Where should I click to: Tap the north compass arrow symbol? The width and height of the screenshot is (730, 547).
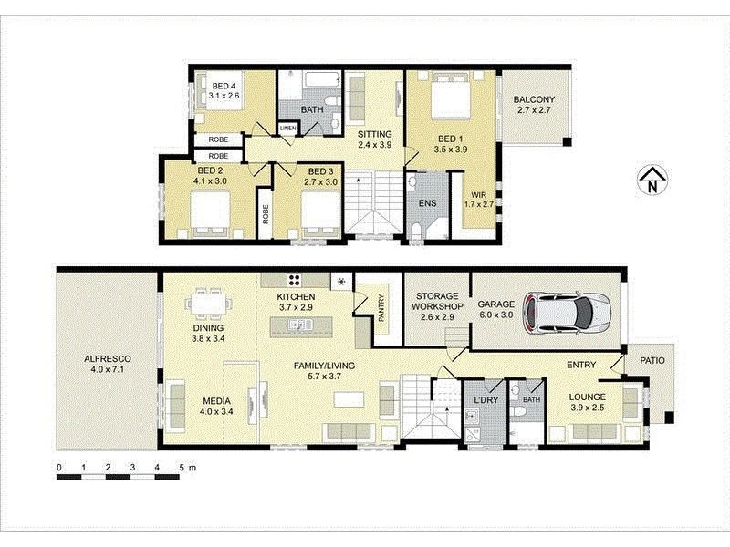pos(649,181)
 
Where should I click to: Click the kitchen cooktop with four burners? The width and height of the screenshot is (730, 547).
pos(296,280)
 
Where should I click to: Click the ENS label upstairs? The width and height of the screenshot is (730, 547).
pos(425,205)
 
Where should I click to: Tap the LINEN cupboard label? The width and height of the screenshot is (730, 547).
pos(287,129)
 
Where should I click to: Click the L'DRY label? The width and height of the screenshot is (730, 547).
pos(482,398)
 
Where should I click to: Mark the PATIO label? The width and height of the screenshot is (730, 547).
pos(652,360)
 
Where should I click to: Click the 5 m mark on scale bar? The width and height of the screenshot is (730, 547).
pos(182,468)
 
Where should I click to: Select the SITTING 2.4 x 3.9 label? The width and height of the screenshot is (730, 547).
pos(373,138)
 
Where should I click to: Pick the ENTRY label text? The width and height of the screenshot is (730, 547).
pos(581,365)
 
